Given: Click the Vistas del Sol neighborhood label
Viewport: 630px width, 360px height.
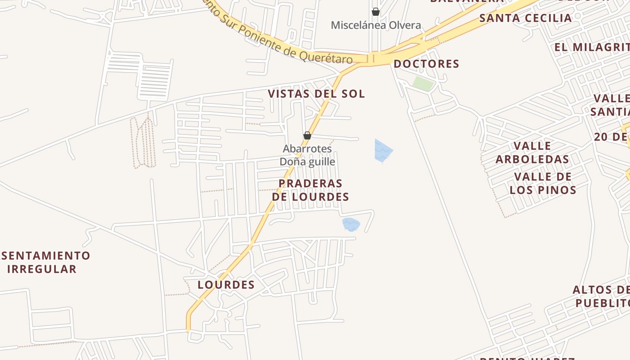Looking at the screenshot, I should tap(316, 94).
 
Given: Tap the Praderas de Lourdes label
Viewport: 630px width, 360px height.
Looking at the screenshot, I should tap(310, 190).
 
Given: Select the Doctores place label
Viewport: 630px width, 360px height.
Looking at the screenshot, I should tap(426, 64).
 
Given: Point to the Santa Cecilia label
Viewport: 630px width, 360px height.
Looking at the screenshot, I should tap(525, 18).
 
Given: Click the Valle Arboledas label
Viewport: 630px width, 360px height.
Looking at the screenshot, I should tap(532, 153).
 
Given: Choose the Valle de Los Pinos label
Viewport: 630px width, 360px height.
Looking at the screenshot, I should tap(543, 183).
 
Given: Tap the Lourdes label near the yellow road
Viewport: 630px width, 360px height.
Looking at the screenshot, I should tap(226, 284).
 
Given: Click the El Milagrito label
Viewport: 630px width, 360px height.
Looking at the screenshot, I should tap(592, 47).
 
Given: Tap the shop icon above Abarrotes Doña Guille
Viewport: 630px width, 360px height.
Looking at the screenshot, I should tap(307, 135).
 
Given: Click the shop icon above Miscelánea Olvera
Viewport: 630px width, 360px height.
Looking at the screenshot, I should tap(375, 12).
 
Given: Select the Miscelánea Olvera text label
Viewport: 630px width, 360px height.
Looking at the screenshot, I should tap(376, 25).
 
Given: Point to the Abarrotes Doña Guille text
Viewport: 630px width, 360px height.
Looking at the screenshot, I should tap(307, 155).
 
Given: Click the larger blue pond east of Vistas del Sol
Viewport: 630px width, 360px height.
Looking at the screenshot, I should tap(383, 151).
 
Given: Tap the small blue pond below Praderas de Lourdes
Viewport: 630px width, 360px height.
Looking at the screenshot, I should tap(351, 224).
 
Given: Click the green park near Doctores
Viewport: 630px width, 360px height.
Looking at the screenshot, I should tap(423, 83).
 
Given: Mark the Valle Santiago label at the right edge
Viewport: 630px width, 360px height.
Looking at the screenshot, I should tap(611, 105).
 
